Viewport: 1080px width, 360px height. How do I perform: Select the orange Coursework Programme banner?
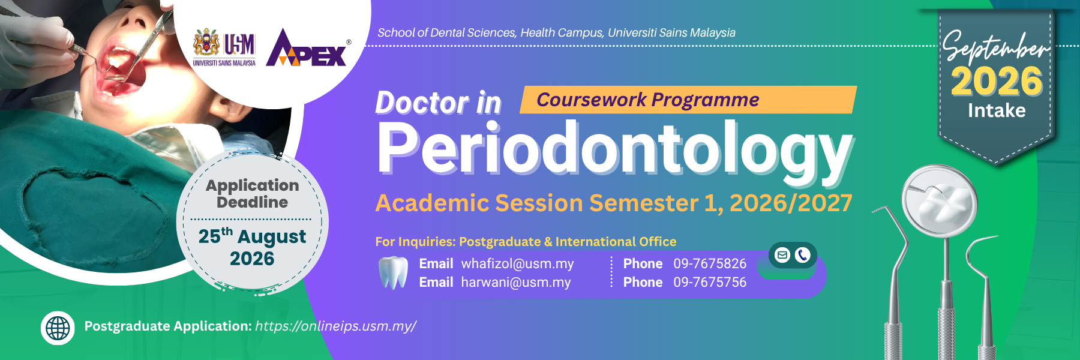click(x=688, y=100)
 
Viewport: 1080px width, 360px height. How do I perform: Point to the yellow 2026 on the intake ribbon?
click(x=997, y=82)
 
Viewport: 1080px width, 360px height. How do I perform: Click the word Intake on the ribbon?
click(x=997, y=110)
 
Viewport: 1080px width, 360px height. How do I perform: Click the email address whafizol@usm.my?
click(x=517, y=264)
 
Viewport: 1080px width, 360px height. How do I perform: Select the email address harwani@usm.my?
click(x=516, y=283)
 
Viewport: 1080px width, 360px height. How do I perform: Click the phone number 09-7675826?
click(x=710, y=263)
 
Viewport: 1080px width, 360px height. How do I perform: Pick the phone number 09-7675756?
click(x=710, y=282)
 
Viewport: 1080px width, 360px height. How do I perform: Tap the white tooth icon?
click(x=394, y=273)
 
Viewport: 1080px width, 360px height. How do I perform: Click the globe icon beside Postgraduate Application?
click(x=58, y=328)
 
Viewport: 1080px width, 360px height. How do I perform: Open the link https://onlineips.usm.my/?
click(x=335, y=326)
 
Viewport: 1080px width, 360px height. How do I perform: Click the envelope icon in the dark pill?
click(x=782, y=255)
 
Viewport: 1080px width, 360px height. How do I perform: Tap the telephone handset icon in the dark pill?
click(x=802, y=255)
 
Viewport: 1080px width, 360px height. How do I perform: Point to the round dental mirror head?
click(x=940, y=202)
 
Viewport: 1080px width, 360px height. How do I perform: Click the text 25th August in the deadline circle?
click(x=252, y=236)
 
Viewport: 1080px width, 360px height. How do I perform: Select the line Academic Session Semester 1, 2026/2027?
click(x=614, y=203)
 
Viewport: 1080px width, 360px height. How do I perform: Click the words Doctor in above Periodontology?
click(x=438, y=103)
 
